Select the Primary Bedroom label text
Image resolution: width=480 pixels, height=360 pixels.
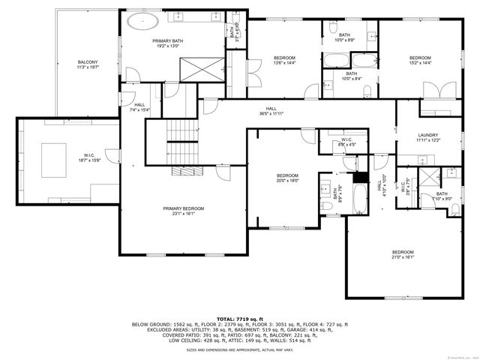coord(184,211)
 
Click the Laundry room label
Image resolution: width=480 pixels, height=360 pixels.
coord(427,137)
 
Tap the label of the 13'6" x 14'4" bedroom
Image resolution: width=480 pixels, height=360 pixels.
coord(283,61)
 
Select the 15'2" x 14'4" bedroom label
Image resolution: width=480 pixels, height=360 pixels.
coord(420,61)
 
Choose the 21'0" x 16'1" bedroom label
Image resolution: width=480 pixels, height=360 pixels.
coord(402,255)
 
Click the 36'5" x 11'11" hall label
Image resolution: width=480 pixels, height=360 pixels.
coord(271,111)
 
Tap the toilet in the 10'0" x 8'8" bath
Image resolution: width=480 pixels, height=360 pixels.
coord(373,34)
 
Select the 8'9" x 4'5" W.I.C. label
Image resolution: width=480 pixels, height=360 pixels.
coord(346,142)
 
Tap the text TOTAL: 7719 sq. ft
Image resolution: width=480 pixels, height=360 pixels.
coord(240,319)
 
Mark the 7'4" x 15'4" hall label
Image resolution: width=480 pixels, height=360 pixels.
coord(140,107)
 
